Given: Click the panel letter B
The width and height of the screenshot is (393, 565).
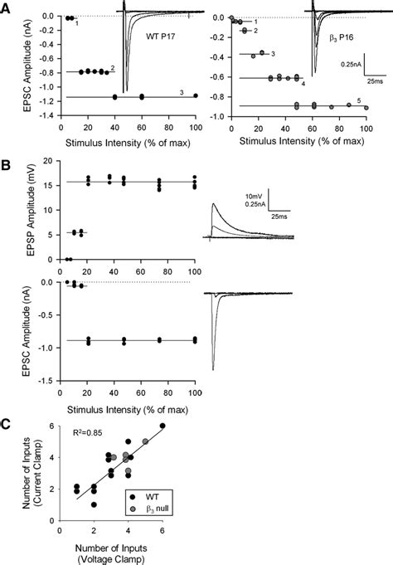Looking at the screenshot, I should [x=7, y=166].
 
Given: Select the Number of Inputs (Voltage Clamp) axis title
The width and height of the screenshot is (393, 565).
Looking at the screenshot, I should [x=110, y=551].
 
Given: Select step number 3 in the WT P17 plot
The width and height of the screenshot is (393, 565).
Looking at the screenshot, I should [x=181, y=91].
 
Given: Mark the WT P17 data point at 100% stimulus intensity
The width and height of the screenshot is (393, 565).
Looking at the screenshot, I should [x=196, y=95].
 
